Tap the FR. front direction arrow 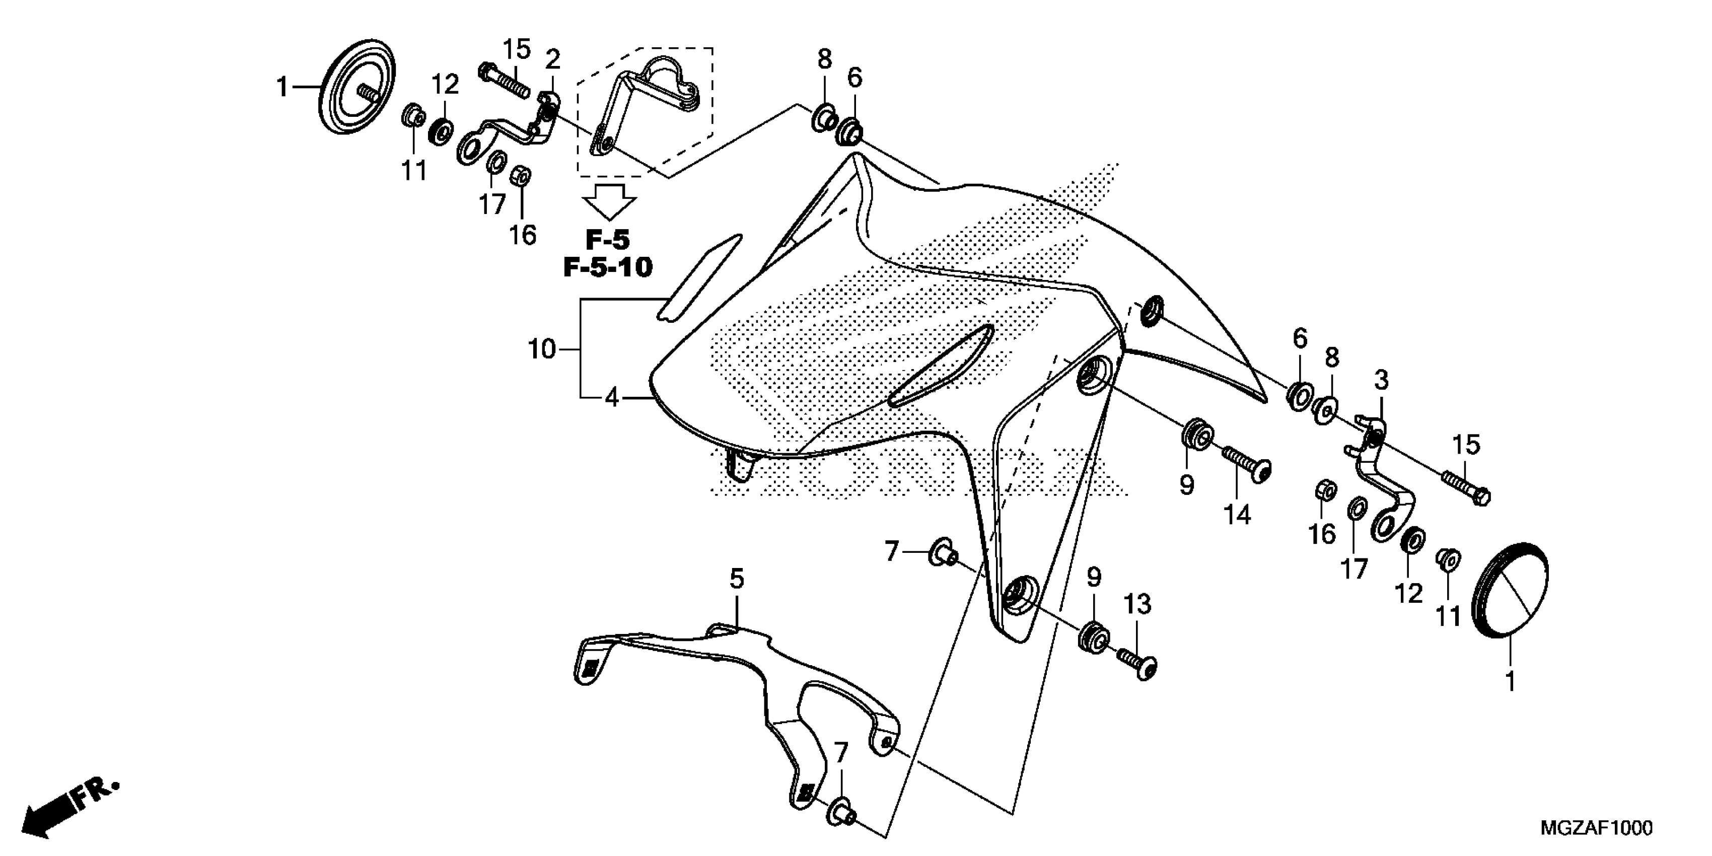click(70, 808)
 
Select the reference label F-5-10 click(607, 267)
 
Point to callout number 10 click(542, 349)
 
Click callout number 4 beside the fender click(611, 398)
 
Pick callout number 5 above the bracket click(736, 579)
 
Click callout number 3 click(1382, 380)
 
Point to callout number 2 click(552, 60)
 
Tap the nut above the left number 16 click(521, 175)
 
